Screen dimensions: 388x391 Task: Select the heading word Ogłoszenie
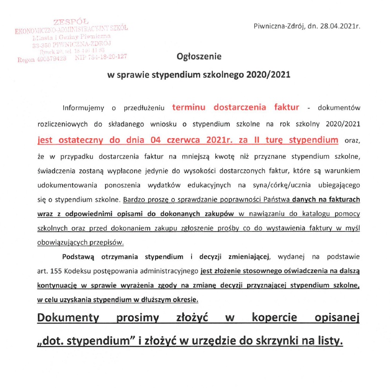click(199, 56)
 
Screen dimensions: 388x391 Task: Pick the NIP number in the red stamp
click(107, 56)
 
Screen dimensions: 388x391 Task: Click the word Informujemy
click(83, 108)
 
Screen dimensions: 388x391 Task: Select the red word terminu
click(190, 107)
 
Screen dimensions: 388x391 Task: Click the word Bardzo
click(134, 201)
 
